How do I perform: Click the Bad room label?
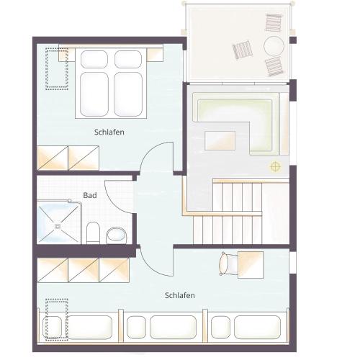(90, 195)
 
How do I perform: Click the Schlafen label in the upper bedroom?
(109, 132)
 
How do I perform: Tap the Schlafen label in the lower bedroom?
(180, 295)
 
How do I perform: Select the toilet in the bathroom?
(93, 233)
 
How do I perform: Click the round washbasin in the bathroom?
(117, 235)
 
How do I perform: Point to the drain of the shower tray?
(58, 226)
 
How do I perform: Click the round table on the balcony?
(274, 46)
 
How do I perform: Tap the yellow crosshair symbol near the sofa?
(276, 166)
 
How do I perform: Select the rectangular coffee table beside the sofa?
(220, 140)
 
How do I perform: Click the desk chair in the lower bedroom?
(228, 265)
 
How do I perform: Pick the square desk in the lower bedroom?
(251, 265)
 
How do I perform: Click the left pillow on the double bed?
(94, 59)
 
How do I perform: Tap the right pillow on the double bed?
(128, 59)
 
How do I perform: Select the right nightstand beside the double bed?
(155, 55)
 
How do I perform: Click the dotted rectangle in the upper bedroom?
(57, 69)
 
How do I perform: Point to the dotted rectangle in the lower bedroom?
(57, 320)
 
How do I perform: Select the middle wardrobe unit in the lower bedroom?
(84, 270)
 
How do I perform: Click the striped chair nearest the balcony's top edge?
(274, 22)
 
